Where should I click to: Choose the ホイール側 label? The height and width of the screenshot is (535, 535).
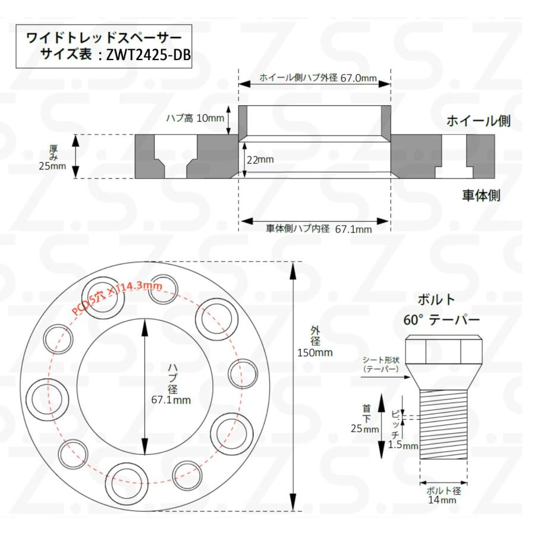click(479, 122)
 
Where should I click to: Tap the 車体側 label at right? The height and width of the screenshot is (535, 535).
click(481, 196)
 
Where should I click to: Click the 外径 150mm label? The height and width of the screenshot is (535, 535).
click(314, 341)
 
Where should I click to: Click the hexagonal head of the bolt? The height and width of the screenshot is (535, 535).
click(443, 351)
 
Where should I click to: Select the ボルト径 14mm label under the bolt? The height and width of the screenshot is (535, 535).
click(443, 495)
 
